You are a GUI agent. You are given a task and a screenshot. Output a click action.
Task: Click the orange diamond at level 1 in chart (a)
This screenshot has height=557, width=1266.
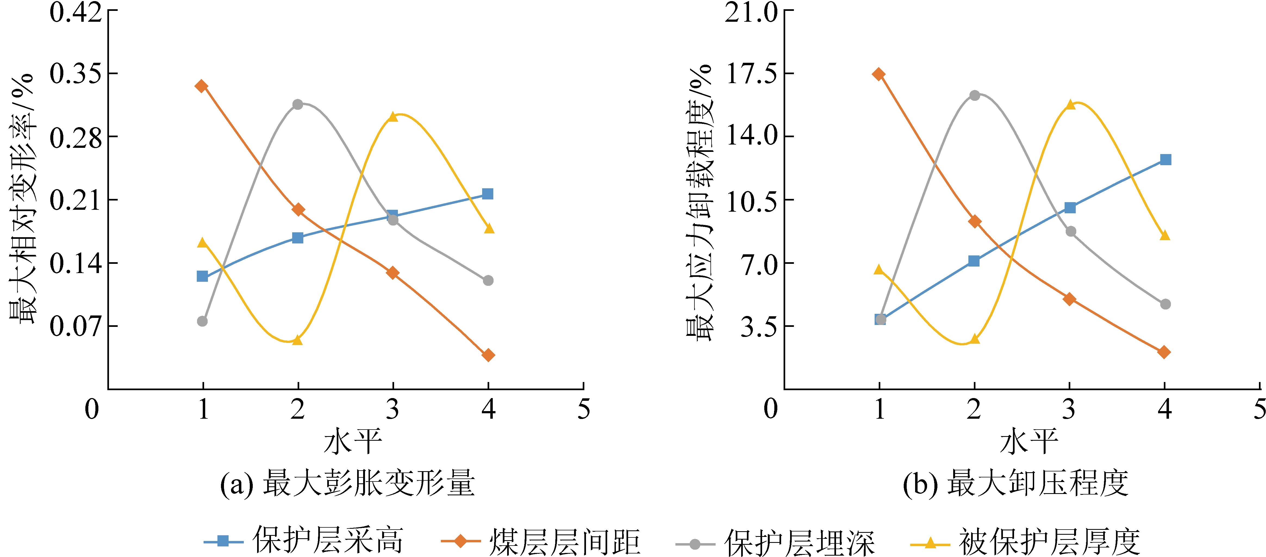[201, 86]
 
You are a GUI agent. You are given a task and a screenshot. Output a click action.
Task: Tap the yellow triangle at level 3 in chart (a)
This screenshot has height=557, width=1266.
[393, 117]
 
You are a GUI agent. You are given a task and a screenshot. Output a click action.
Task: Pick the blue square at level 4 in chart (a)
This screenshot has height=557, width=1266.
[488, 194]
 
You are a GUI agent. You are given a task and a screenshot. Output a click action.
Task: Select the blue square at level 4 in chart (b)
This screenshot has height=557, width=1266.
[1165, 160]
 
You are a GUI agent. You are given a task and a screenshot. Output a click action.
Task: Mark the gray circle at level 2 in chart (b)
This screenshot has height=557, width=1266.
[975, 95]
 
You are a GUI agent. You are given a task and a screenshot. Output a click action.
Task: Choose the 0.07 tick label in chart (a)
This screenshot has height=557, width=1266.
[75, 326]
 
